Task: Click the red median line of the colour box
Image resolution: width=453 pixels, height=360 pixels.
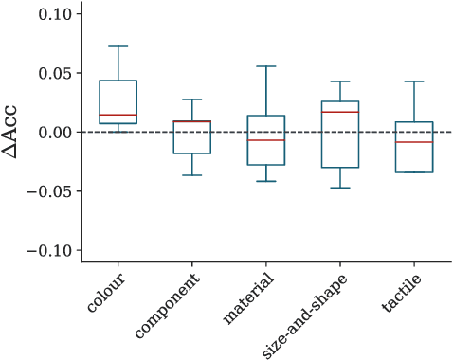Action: click(x=118, y=115)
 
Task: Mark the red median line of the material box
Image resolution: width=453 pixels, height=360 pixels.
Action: click(x=266, y=140)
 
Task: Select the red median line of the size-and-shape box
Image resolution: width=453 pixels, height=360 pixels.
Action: click(x=340, y=112)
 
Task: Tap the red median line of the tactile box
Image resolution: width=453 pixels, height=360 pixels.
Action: click(x=414, y=142)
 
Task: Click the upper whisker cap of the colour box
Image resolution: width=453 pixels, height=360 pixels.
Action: click(x=118, y=46)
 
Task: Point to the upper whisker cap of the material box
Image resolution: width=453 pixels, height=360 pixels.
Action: click(x=266, y=66)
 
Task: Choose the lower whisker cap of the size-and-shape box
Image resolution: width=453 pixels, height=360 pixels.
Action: click(x=340, y=188)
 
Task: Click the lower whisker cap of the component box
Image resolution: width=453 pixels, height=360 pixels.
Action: click(x=192, y=175)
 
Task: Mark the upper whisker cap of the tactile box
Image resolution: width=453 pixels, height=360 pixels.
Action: click(x=414, y=81)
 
